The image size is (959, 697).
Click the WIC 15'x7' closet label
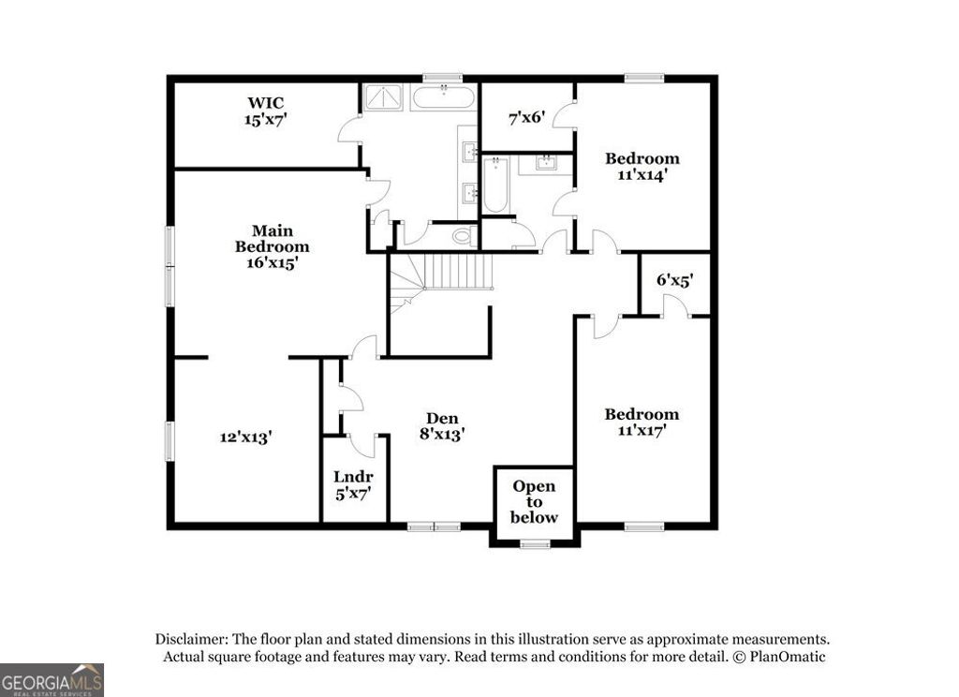pyautogui.click(x=266, y=111)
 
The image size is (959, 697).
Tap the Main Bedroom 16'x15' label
pyautogui.click(x=272, y=246)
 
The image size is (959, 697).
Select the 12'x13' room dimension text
pyautogui.click(x=246, y=437)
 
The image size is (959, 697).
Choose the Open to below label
pyautogui.click(x=534, y=501)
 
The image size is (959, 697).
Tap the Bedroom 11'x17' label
pyautogui.click(x=642, y=423)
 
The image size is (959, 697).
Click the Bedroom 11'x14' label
pyautogui.click(x=642, y=166)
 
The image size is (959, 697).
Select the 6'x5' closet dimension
pyautogui.click(x=674, y=279)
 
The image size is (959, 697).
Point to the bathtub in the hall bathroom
pyautogui.click(x=495, y=185)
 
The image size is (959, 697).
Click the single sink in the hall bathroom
pyautogui.click(x=547, y=163)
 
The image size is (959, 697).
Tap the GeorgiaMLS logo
pyautogui.click(x=52, y=679)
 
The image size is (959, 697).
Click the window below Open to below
pyautogui.click(x=535, y=543)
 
